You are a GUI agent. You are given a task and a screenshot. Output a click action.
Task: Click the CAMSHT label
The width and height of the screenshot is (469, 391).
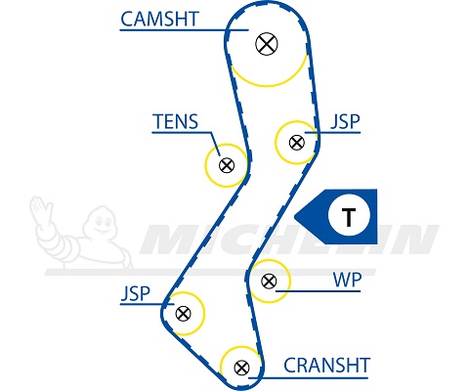tap(159, 19)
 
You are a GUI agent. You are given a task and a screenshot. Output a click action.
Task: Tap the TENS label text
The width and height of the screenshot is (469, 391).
tap(176, 121)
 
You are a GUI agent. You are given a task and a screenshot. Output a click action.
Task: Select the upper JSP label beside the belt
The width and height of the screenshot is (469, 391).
tap(345, 121)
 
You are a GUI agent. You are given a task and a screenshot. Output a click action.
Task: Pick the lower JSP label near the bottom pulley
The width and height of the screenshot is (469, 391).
tap(136, 293)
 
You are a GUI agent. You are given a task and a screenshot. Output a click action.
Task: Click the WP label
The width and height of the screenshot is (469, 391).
tap(347, 280)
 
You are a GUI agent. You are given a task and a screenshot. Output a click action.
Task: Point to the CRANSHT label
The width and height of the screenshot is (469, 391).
tap(326, 366)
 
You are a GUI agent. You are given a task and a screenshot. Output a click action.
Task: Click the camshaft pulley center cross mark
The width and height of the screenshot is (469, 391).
tap(267, 44)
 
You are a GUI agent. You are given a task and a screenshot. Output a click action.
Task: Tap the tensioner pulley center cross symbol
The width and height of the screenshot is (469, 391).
tap(227, 165)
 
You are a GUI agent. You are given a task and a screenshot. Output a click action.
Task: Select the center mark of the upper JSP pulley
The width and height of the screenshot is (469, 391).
tap(297, 143)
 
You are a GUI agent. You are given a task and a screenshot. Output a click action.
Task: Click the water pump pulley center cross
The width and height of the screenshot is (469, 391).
tap(269, 281)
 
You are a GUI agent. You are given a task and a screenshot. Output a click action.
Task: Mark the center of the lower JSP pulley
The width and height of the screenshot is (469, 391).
tap(183, 314)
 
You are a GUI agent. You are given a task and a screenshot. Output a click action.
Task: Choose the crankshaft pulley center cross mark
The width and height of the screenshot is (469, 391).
tap(241, 368)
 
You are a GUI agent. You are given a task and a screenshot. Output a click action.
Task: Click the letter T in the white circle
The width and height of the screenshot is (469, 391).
tap(349, 217)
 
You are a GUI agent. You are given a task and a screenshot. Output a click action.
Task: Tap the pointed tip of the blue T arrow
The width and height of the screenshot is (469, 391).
tap(295, 216)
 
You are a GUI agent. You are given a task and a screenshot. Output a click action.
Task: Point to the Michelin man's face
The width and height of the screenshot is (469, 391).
tap(103, 222)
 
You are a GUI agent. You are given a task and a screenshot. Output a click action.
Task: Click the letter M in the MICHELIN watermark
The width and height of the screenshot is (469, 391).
tap(169, 240)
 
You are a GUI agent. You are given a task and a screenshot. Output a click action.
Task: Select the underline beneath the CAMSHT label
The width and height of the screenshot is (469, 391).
tap(185, 30)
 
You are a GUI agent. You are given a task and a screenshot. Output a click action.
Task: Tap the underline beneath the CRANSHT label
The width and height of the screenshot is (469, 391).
tap(309, 378)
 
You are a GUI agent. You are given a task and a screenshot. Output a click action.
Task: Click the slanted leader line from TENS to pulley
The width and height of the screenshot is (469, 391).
tap(216, 145)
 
